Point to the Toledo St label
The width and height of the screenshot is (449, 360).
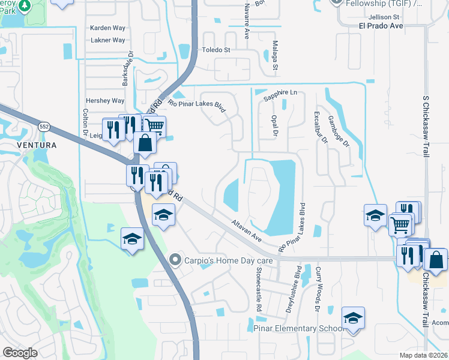tap(216, 50)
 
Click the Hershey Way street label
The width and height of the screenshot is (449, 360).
tap(105, 101)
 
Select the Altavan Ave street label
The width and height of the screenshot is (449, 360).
tap(247, 230)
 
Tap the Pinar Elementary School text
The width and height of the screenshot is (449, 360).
tap(298, 328)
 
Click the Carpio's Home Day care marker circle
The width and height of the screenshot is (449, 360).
tap(175, 260)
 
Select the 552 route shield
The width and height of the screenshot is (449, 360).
tap(43, 127)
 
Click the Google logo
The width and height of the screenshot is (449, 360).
tap(20, 352)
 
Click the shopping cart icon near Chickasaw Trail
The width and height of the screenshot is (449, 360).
tap(399, 226)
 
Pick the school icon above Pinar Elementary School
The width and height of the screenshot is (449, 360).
tap(354, 317)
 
